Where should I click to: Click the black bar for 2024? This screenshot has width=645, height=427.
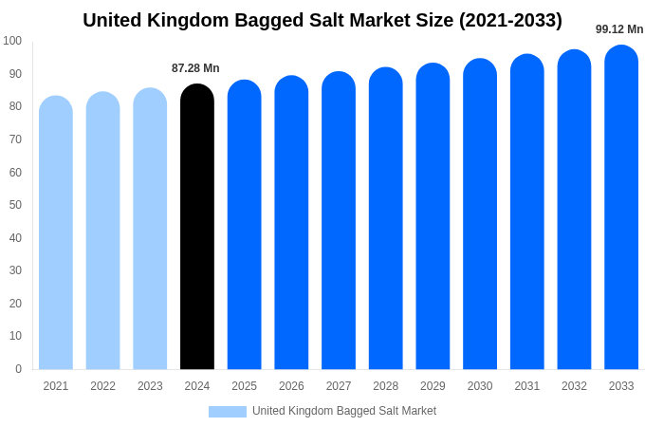pos(197,228)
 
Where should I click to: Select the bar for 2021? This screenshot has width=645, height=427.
pos(56,232)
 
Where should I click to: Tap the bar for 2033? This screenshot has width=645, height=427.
pos(621,209)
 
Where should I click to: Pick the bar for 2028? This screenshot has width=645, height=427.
pos(386,218)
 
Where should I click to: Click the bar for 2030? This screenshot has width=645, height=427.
pos(480,214)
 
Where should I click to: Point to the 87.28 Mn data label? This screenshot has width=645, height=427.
pos(195,68)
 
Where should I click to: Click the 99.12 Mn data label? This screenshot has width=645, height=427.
pos(619,29)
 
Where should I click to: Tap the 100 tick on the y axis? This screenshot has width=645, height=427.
pos(12,41)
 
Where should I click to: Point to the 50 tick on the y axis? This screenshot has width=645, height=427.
pos(15,205)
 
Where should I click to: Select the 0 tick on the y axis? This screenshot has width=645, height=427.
pos(18,369)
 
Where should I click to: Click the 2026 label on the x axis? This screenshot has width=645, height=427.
pos(291,386)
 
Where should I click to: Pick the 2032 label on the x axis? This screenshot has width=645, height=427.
pos(574,386)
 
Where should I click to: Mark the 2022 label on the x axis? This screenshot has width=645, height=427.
pos(102,386)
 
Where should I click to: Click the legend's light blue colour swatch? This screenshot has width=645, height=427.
pos(228,412)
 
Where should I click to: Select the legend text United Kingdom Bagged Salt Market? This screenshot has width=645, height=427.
pos(344,411)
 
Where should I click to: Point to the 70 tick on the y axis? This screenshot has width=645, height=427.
pos(15,139)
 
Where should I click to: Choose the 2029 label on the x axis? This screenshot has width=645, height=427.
pos(433,386)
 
